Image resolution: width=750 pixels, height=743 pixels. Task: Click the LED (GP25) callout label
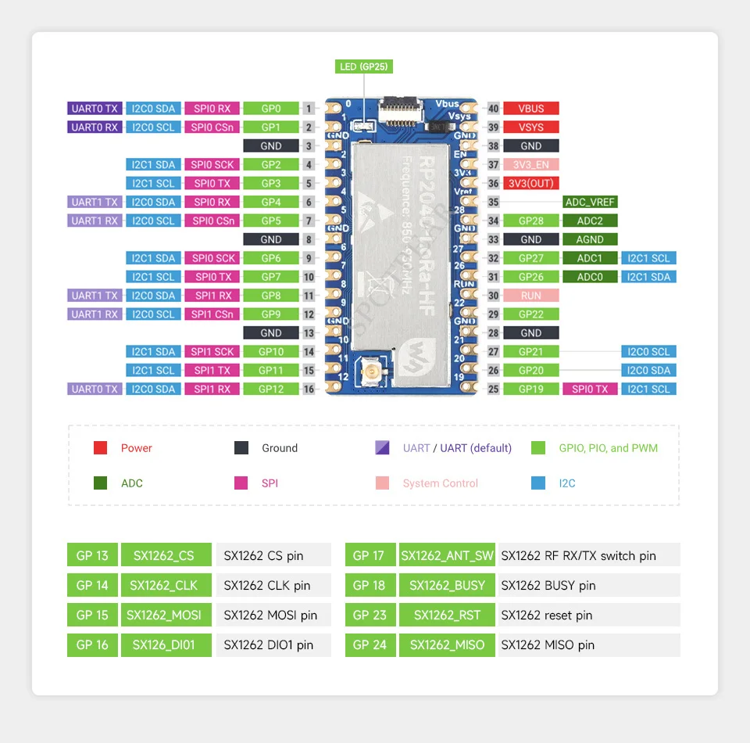click(363, 66)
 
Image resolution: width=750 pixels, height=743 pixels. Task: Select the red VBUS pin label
click(531, 109)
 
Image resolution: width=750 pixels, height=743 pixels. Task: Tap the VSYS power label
click(531, 127)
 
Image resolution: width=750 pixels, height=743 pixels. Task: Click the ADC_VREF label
click(590, 202)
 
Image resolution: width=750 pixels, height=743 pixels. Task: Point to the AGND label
click(590, 239)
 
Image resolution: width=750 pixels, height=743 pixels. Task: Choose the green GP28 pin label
click(531, 221)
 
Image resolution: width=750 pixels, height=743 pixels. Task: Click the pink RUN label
click(531, 296)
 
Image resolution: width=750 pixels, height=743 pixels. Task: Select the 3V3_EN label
click(531, 165)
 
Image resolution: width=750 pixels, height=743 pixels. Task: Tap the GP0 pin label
click(271, 109)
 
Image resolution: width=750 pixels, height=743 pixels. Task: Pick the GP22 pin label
click(531, 314)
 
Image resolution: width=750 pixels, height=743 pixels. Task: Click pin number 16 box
click(309, 389)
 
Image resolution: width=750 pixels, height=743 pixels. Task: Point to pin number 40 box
click(493, 109)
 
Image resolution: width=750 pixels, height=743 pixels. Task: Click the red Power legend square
click(100, 448)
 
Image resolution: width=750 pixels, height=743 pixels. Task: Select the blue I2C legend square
click(538, 483)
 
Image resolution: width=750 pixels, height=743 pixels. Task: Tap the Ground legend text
click(280, 448)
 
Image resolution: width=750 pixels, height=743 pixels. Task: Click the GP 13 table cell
click(92, 555)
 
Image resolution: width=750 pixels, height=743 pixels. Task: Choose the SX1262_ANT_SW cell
click(447, 555)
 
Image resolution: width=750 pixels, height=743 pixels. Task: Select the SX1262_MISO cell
click(447, 645)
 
